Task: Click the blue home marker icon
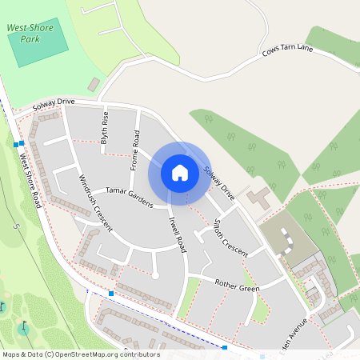pos(180,172)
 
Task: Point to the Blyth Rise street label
pos(104,126)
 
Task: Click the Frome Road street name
pos(136,153)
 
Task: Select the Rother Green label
pos(238,286)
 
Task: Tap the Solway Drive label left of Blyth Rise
pos(54,105)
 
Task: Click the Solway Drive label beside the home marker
pos(219,182)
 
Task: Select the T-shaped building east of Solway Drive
pos(258,197)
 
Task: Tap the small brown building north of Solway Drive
pos(94,84)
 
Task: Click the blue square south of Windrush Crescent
pos(111,294)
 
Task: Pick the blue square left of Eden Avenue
pos(225,348)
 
